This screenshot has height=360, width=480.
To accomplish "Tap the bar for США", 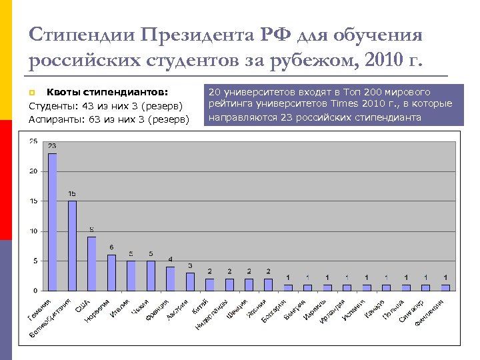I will (x=91, y=263).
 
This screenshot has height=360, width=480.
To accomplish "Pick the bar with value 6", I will (x=111, y=273).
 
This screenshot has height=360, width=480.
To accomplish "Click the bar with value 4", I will (x=170, y=279).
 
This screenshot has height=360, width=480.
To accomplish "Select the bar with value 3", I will (x=190, y=281).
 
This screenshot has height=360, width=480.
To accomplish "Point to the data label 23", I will (x=52, y=146).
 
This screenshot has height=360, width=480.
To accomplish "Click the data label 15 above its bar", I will (x=72, y=193).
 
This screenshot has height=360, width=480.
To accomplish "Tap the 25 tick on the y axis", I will (x=33, y=141).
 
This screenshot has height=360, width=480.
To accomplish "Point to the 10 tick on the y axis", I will (x=33, y=231).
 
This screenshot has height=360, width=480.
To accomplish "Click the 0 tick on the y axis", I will (x=35, y=291).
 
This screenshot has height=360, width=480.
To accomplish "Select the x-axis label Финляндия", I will (x=430, y=311).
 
